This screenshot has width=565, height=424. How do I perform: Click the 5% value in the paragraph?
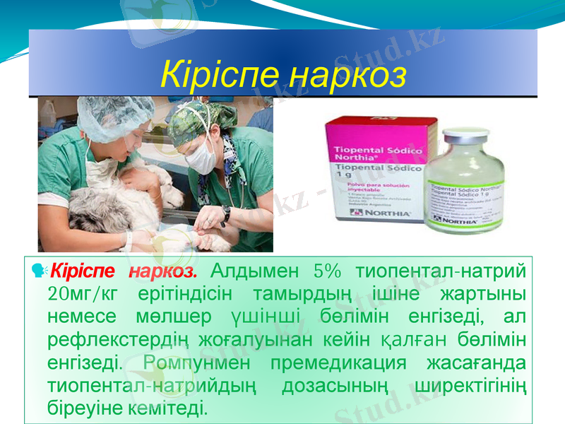tap(327, 272)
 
